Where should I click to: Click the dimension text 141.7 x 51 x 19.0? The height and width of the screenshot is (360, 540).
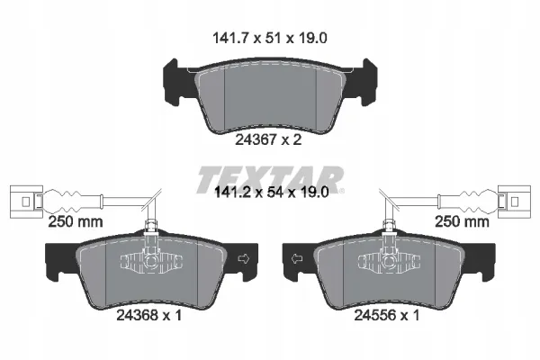(270, 38)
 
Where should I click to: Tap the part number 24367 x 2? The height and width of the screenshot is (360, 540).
(268, 139)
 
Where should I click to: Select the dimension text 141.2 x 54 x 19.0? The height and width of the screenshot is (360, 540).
(272, 193)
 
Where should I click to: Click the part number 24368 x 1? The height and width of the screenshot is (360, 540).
(148, 315)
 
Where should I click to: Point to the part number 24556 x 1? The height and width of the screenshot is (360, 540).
(387, 315)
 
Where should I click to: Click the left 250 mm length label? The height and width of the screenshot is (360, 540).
(76, 221)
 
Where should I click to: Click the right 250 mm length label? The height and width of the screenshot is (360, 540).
(462, 221)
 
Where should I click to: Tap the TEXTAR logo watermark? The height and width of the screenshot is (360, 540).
(271, 179)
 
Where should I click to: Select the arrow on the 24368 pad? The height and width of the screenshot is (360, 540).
(244, 258)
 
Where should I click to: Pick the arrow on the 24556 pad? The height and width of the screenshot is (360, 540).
(297, 258)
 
